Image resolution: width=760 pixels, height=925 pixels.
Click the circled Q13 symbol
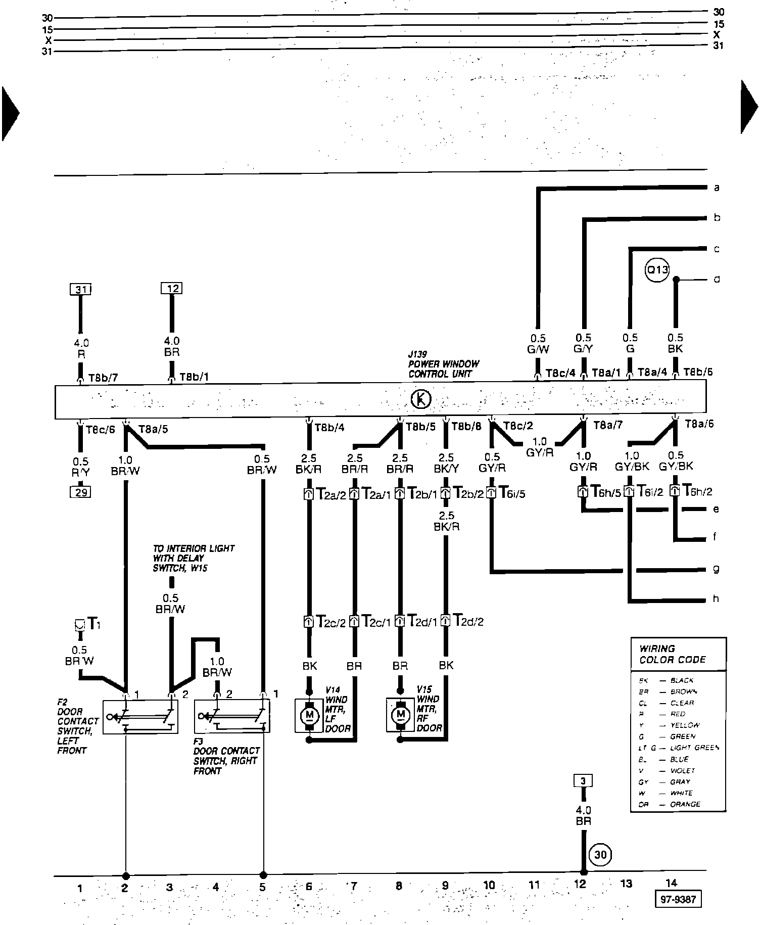tap(657, 270)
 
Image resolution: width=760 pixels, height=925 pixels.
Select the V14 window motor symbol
tap(310, 715)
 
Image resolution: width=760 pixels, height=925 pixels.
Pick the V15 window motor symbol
tap(401, 715)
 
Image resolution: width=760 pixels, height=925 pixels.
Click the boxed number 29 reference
tap(80, 492)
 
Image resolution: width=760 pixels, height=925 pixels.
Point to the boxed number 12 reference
tap(172, 289)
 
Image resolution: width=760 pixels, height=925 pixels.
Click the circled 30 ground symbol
tap(600, 855)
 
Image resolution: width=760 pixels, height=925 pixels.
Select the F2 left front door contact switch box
tap(140, 717)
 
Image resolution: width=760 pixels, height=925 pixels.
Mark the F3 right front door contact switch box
tap(232, 717)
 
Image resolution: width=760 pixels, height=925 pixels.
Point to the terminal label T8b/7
tap(103, 377)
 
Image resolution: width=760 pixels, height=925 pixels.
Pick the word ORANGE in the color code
tap(685, 804)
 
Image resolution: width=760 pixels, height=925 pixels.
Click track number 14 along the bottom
tap(671, 883)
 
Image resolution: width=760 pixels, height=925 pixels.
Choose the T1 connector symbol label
tap(93, 624)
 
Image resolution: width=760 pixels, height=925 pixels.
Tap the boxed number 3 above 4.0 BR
tap(583, 781)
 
